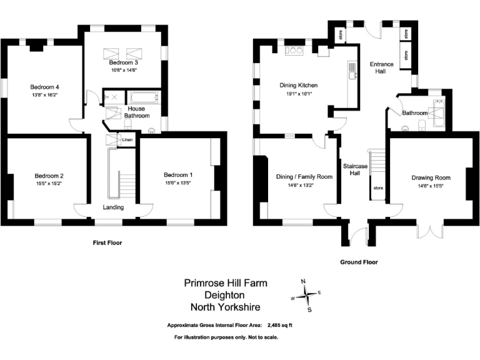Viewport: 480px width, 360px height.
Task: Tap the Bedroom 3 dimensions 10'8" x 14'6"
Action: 123,70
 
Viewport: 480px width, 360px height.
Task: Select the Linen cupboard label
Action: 127,140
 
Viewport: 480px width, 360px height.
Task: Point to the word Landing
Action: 113,207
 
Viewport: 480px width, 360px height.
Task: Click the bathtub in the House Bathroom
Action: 144,98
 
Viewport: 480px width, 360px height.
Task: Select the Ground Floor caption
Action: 359,262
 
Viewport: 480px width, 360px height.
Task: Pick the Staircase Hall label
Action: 355,169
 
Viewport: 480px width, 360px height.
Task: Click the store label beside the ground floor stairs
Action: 377,187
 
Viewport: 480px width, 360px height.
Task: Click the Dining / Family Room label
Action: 304,177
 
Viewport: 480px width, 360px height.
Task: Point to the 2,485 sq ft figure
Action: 279,325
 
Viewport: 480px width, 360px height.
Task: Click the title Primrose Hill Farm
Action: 226,283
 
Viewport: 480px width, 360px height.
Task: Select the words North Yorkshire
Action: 226,307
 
